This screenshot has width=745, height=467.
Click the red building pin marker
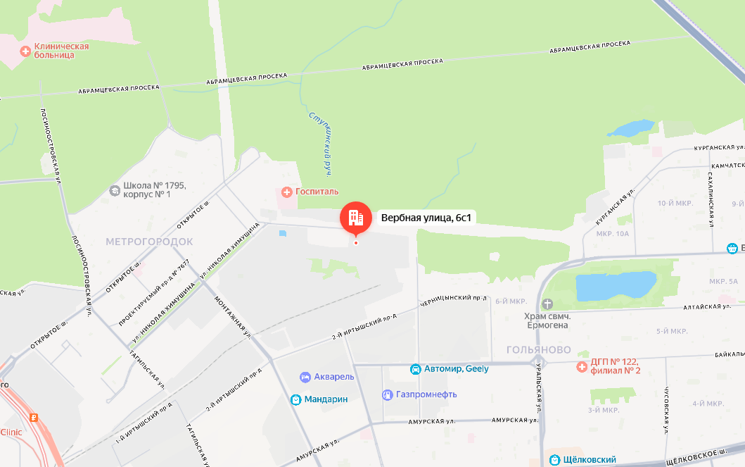355,218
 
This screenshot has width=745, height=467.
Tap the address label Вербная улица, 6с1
426,218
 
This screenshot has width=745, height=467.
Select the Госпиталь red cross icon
286,192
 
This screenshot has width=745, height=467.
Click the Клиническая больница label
61,51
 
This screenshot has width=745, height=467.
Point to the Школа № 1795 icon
115,190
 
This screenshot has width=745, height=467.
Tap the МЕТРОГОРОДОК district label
149,242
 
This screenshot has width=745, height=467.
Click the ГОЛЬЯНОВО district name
538,350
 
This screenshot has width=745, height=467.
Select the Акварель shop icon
305,377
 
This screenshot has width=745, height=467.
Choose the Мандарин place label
326,399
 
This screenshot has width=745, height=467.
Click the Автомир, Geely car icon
416,369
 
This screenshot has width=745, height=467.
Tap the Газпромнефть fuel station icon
387,394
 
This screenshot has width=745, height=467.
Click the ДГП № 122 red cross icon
582,366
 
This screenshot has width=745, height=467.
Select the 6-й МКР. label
511,301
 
